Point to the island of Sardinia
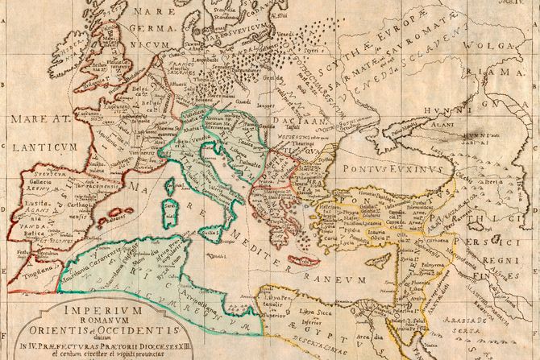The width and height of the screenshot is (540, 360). pos(169,211)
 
